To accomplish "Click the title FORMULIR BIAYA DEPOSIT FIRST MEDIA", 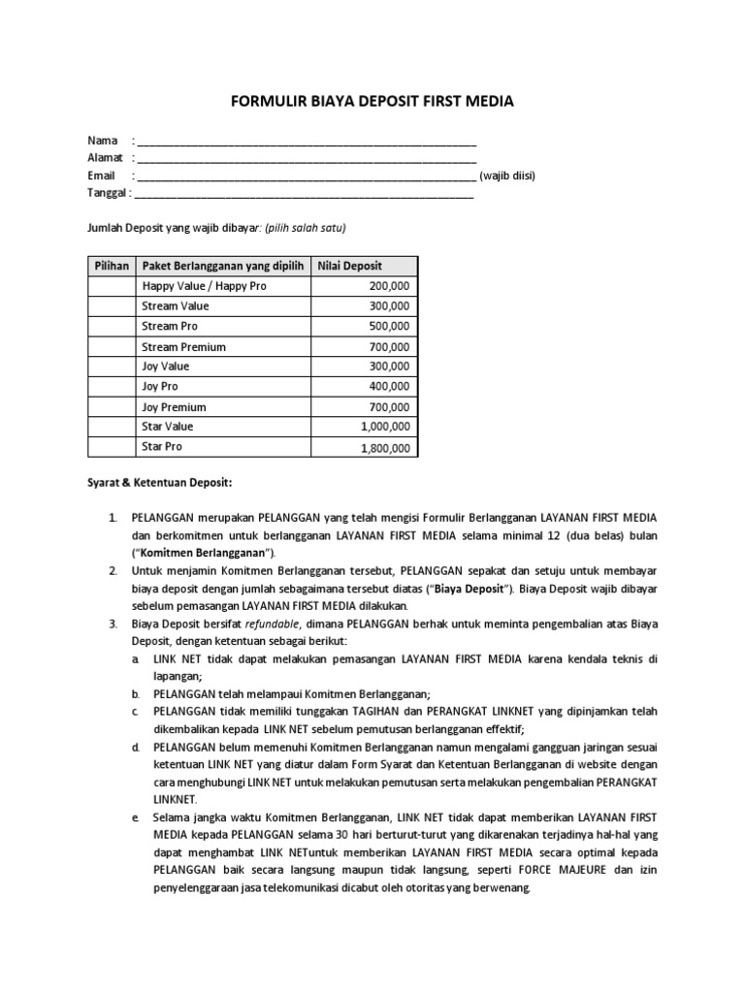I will [372, 101].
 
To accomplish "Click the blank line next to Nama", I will [307, 142].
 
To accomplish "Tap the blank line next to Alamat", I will [307, 159].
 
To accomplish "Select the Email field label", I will [101, 176].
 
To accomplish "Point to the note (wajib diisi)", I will [507, 176].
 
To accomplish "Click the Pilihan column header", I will [112, 266].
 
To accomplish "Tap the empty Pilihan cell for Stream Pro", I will [112, 327].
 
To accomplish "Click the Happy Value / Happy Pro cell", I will [204, 286].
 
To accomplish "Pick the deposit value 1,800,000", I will [386, 448].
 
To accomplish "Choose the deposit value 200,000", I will [389, 286].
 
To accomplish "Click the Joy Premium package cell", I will [175, 407].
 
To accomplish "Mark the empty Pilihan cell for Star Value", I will [112, 427].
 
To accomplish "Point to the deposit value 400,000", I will [389, 387].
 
